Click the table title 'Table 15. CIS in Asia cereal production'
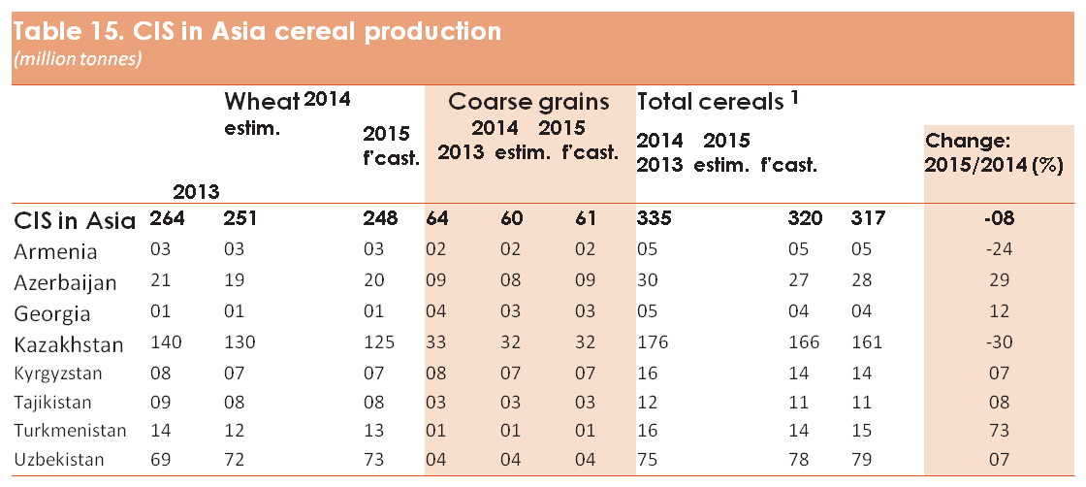click(x=257, y=32)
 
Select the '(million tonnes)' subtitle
click(x=78, y=59)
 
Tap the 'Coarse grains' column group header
click(x=529, y=102)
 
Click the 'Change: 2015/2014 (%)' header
click(x=994, y=154)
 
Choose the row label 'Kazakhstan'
click(x=69, y=344)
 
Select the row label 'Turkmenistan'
click(x=70, y=430)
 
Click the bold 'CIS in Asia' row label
click(x=75, y=221)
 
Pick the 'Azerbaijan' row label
click(x=65, y=282)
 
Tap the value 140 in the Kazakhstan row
click(x=166, y=342)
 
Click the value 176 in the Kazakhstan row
click(x=654, y=342)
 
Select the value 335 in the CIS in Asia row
click(x=654, y=219)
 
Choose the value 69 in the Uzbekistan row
click(x=162, y=459)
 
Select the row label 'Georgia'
click(x=52, y=313)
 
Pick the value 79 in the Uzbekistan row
click(x=863, y=459)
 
